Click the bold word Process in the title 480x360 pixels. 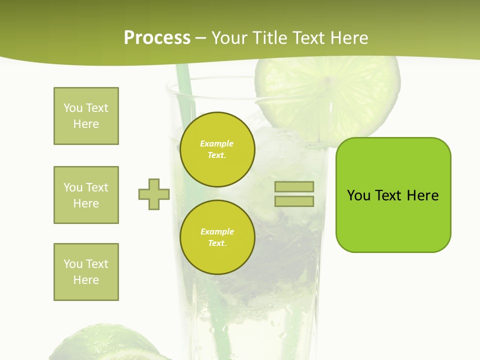pyautogui.click(x=157, y=38)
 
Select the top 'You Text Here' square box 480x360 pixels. pyautogui.click(x=86, y=116)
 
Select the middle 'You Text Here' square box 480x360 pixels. pyautogui.click(x=86, y=195)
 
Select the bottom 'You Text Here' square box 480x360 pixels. pyautogui.click(x=86, y=272)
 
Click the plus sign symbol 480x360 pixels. pyautogui.click(x=154, y=194)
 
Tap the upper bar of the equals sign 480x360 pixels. pyautogui.click(x=294, y=186)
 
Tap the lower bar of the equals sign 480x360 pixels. pyautogui.click(x=294, y=201)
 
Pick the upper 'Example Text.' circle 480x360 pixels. pyautogui.click(x=217, y=149)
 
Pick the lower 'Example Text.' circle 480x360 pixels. pyautogui.click(x=217, y=237)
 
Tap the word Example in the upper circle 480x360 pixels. pyautogui.click(x=216, y=143)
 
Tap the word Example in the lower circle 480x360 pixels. pyautogui.click(x=217, y=231)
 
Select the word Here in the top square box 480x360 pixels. pyautogui.click(x=86, y=124)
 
